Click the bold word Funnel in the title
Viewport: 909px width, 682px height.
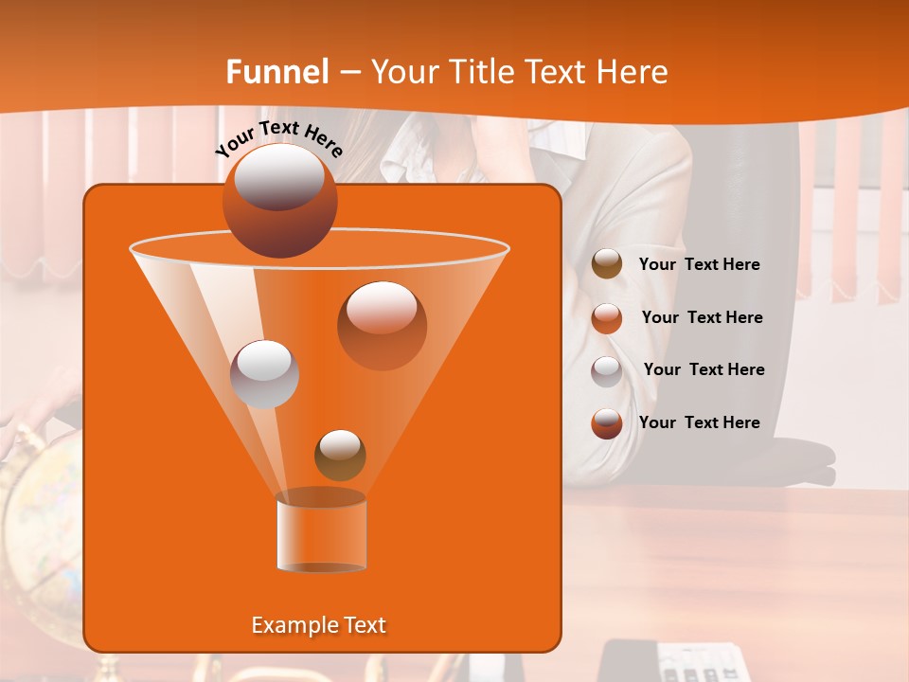coord(277,72)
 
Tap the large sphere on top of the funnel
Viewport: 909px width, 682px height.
coord(279,200)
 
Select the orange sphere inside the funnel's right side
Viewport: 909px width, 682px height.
coord(382,325)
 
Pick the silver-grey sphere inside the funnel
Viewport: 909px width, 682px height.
coord(264,374)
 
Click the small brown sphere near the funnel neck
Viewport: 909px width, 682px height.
coord(340,455)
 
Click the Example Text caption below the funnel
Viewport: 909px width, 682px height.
coord(318,625)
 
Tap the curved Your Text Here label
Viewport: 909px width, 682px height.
coord(278,138)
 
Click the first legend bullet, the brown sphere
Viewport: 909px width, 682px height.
coord(607,264)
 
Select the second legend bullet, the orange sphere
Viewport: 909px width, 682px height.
coord(607,318)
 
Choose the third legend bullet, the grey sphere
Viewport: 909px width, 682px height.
coord(607,370)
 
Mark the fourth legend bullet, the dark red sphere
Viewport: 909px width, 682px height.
coord(607,423)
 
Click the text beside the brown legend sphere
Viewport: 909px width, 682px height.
coord(699,265)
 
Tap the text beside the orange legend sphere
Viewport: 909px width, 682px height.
coord(702,318)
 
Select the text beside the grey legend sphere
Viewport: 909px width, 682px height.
coord(704,370)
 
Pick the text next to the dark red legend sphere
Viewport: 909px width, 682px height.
coord(699,423)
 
